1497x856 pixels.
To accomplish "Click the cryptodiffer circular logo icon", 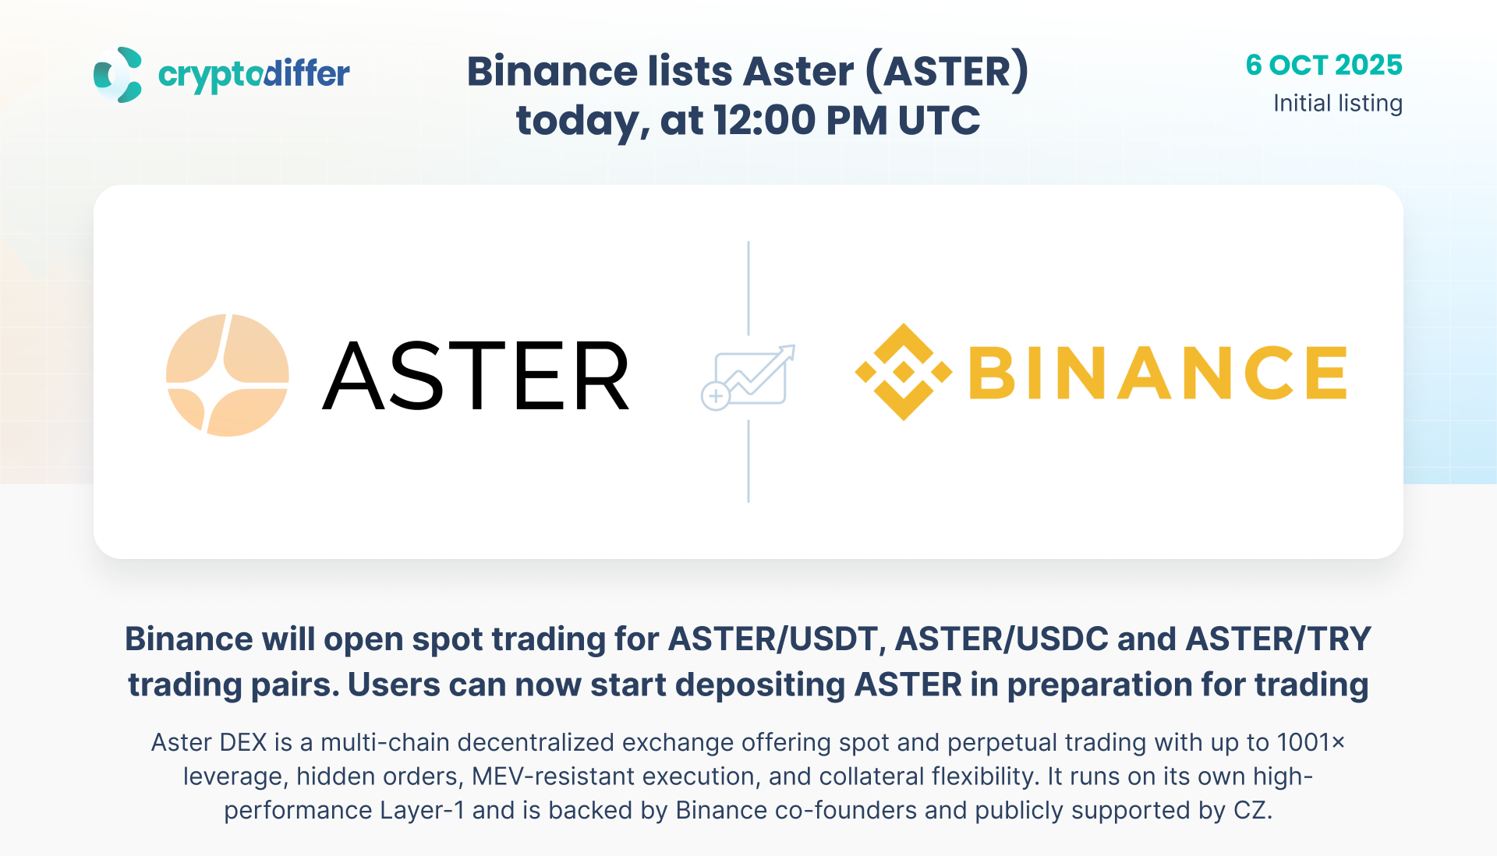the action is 118,75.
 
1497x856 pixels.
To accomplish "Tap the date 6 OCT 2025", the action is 1324,65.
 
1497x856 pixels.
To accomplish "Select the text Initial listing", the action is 1338,104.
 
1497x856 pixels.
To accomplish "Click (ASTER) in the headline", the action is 947,72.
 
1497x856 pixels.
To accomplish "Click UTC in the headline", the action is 940,121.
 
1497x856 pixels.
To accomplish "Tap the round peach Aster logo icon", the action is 228,375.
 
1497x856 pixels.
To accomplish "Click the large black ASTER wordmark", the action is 476,376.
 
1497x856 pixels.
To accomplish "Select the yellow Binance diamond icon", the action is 904,372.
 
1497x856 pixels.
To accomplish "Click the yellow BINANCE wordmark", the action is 1158,373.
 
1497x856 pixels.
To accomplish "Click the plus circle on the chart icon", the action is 715,396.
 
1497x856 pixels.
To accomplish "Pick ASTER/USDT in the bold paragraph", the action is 773,639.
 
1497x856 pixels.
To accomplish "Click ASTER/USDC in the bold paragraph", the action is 1001,639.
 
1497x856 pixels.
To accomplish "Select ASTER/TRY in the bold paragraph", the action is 1279,639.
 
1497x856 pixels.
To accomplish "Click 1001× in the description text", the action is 1311,742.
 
